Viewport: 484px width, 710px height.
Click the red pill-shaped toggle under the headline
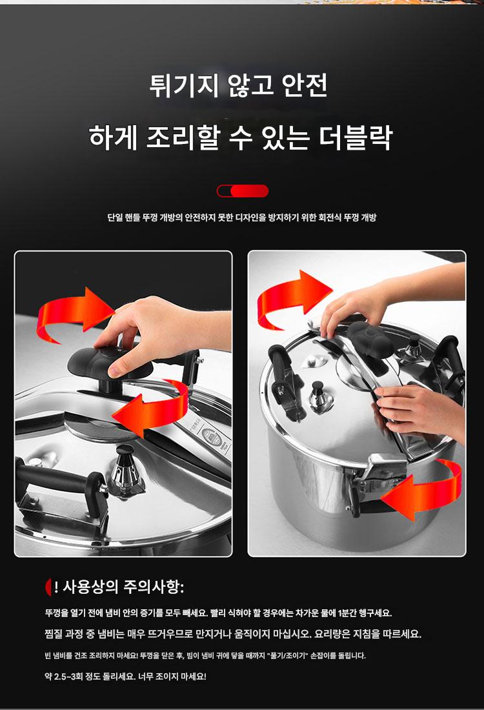(x=243, y=191)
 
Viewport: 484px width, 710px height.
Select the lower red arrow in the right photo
(x=421, y=490)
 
